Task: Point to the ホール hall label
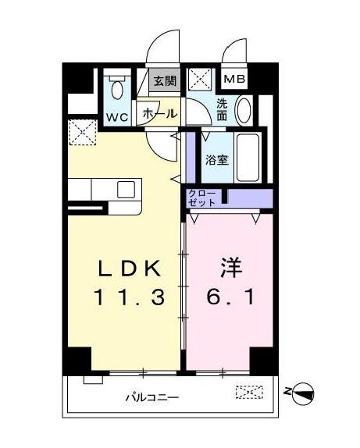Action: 159,114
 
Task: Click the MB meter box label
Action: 233,80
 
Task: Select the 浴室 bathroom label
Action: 216,161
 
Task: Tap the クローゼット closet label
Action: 202,197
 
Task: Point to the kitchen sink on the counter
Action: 126,190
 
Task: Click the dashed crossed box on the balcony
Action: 244,394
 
